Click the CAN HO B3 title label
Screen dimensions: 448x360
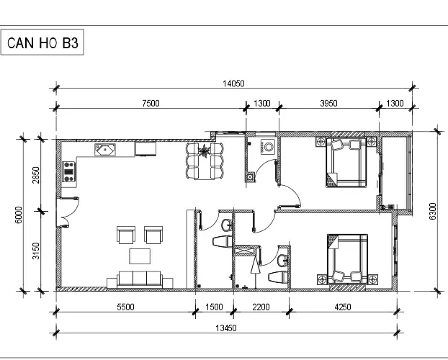coord(42,43)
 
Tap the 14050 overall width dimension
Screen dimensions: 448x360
coord(233,84)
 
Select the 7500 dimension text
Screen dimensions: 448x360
coord(151,103)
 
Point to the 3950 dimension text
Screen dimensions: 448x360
coord(328,103)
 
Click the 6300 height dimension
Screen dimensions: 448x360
coord(433,212)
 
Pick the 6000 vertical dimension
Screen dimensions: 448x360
coord(18,215)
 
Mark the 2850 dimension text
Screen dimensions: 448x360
coord(36,175)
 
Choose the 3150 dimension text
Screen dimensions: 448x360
coord(36,251)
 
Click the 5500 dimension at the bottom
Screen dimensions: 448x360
coord(126,307)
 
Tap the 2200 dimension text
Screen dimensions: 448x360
coord(261,307)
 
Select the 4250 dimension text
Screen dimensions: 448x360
coord(343,307)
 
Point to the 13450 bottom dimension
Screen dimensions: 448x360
coord(226,328)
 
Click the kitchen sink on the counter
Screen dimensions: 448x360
coord(105,150)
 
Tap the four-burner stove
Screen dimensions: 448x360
coord(69,171)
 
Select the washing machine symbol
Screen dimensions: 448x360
coord(268,147)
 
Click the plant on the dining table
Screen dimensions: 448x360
coord(205,150)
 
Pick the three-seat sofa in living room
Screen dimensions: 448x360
coord(140,279)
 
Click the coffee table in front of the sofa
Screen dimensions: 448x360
coord(140,256)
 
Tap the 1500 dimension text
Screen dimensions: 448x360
coord(215,307)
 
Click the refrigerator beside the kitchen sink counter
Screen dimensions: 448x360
coord(145,149)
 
